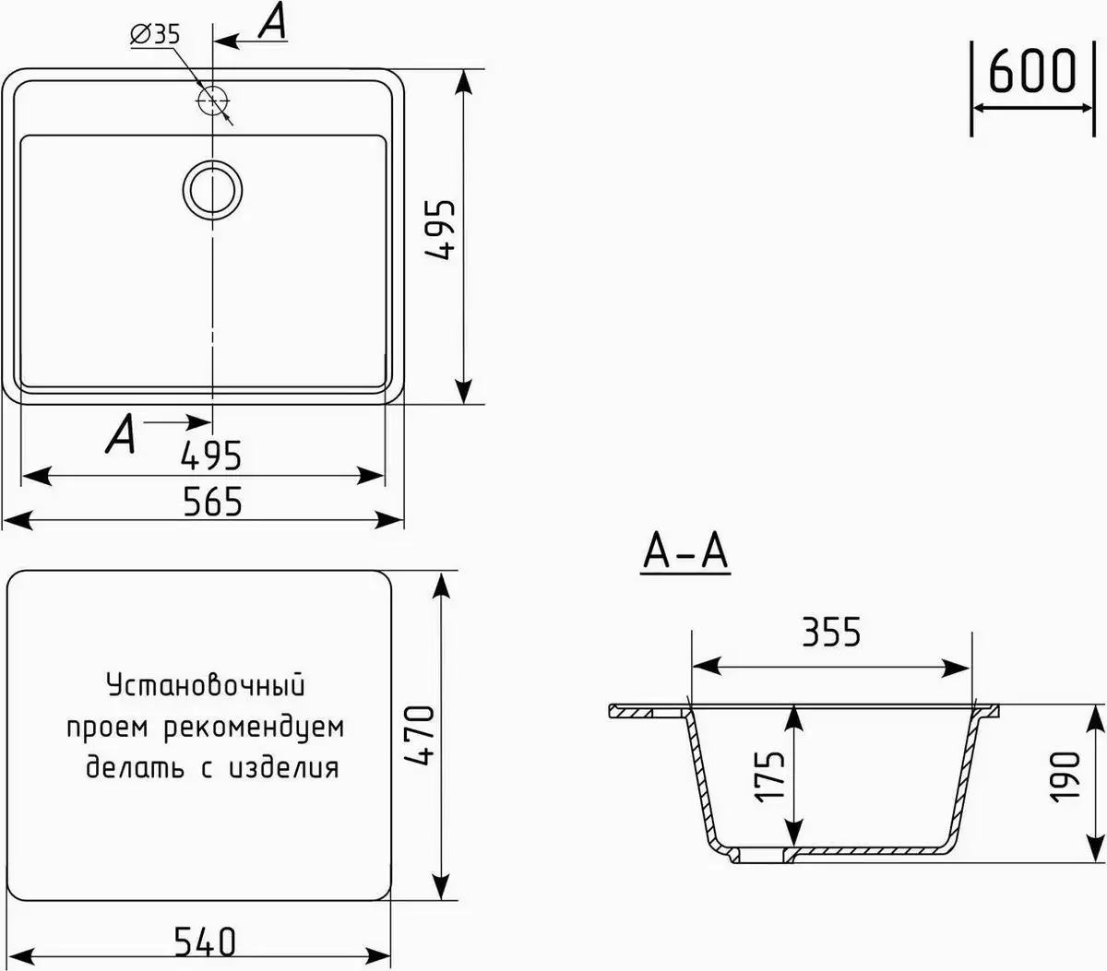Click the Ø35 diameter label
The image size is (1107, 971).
click(x=155, y=36)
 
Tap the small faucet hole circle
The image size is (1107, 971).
click(x=213, y=100)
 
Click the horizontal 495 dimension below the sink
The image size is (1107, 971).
click(x=211, y=455)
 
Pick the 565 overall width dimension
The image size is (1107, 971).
click(x=212, y=502)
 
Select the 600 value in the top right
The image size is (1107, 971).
click(x=1032, y=72)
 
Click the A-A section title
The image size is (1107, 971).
click(x=685, y=552)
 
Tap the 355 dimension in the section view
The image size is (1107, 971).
click(x=830, y=634)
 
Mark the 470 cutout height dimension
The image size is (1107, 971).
click(x=420, y=735)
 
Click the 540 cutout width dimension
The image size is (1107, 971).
click(x=205, y=941)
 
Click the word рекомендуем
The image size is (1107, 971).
click(x=253, y=728)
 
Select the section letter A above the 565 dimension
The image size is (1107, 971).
click(x=121, y=433)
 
